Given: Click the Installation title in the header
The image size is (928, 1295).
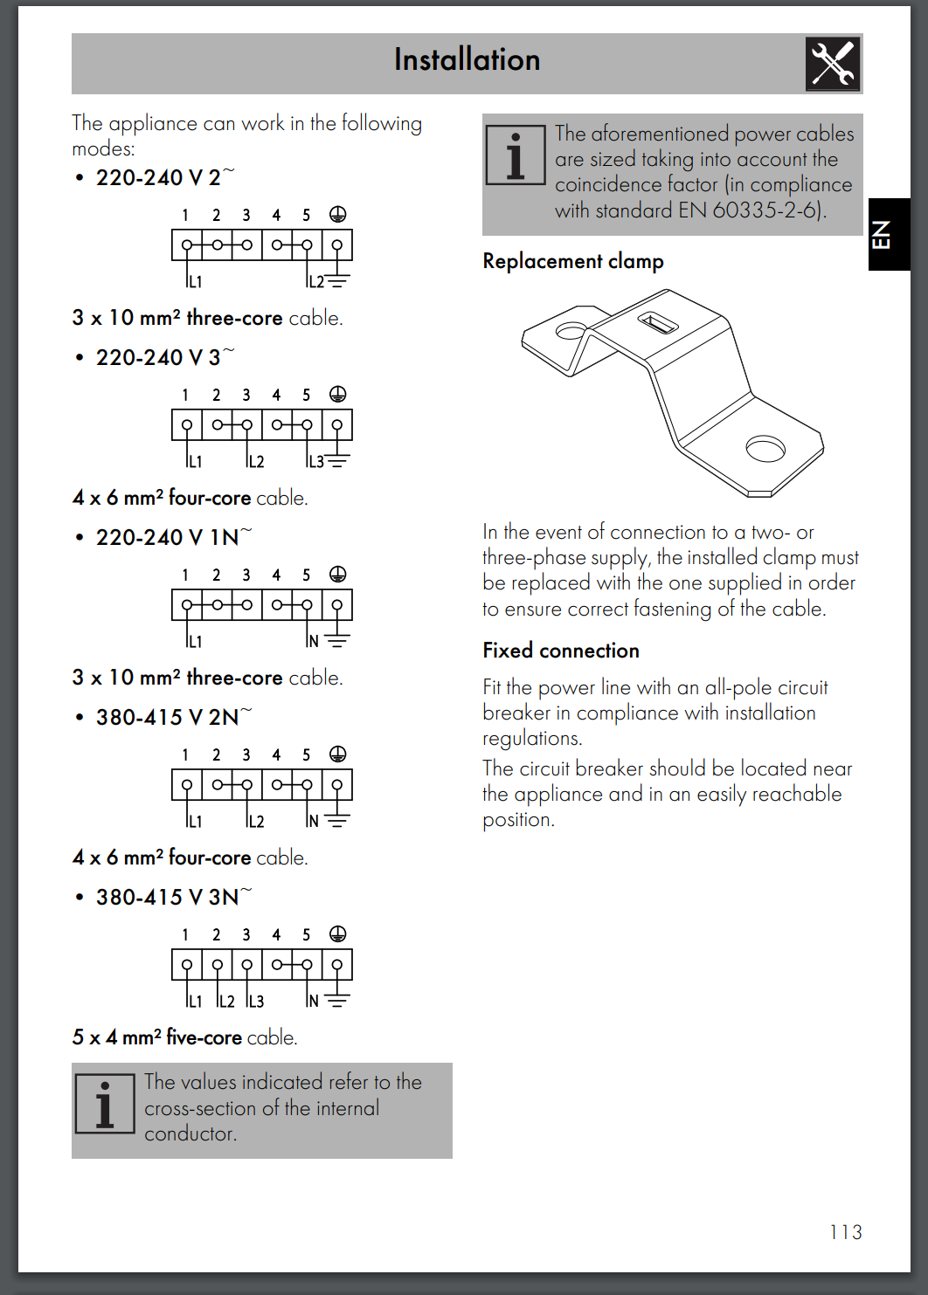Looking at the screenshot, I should (x=467, y=59).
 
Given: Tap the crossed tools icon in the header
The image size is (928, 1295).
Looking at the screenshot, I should (x=833, y=64).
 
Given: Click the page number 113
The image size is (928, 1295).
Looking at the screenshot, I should (x=845, y=1232).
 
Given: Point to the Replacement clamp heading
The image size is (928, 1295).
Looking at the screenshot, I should (x=573, y=261).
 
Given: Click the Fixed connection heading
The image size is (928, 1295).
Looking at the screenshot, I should (x=561, y=651).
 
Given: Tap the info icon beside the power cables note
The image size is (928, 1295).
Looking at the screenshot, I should (x=515, y=155).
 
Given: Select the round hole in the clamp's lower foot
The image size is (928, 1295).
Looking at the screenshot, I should (x=765, y=449).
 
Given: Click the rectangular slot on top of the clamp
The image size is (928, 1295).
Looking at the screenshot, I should (x=657, y=323).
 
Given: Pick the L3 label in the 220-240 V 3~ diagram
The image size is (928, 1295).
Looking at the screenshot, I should (x=315, y=462).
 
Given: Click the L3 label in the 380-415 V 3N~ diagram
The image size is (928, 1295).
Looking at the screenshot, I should (x=255, y=1002).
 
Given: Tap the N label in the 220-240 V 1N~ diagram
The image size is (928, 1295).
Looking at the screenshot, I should (x=313, y=642).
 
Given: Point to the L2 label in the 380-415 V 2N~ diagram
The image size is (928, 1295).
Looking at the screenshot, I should (x=255, y=822).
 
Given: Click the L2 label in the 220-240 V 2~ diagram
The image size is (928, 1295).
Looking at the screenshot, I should (x=315, y=282).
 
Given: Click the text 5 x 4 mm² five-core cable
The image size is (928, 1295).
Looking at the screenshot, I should (x=185, y=1037).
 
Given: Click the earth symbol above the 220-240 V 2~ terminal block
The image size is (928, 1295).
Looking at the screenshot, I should (x=337, y=215).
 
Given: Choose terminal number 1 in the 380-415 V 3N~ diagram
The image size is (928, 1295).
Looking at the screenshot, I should (x=185, y=935).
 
